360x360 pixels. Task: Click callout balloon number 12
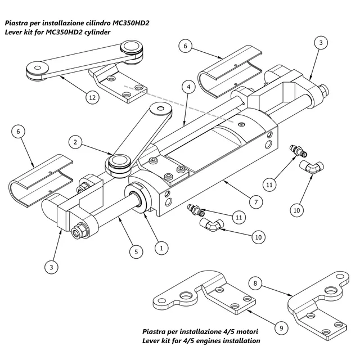click(x=92, y=97)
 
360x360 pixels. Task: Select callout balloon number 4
click(x=189, y=87)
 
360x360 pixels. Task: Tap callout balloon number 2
click(x=75, y=142)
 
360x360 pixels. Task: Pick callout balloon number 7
click(x=256, y=202)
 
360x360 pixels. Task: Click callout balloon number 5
click(x=136, y=252)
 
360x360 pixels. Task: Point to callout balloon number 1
click(x=161, y=248)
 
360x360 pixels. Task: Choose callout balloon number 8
click(x=255, y=283)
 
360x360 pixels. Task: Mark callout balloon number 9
click(x=281, y=328)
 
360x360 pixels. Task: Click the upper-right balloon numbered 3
click(x=321, y=43)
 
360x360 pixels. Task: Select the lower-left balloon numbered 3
click(x=51, y=267)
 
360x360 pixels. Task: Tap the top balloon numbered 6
click(x=186, y=46)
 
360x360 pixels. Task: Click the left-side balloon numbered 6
click(x=18, y=132)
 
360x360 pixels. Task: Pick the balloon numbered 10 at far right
click(x=296, y=210)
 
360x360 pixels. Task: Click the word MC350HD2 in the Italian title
click(x=131, y=23)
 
